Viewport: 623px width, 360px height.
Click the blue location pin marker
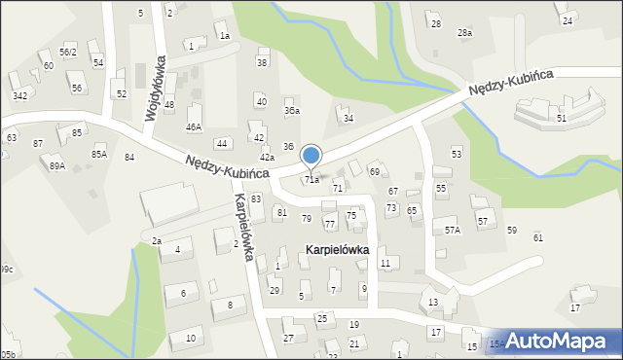(x=311, y=156)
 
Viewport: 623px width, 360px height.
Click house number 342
(x=19, y=95)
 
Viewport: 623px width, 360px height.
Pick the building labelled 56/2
(x=67, y=52)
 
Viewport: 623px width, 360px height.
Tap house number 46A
(x=194, y=126)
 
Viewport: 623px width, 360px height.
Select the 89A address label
(x=57, y=166)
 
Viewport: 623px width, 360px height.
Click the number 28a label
(x=465, y=33)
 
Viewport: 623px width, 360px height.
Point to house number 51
(x=562, y=118)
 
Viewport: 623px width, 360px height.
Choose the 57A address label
(x=453, y=231)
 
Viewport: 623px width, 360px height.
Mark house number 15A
(x=496, y=343)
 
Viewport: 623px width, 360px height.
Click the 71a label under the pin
(x=311, y=180)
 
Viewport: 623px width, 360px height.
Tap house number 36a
(x=291, y=111)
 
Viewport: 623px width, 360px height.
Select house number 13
(x=433, y=303)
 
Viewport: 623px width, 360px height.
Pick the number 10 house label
(x=190, y=338)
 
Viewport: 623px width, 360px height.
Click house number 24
(x=568, y=19)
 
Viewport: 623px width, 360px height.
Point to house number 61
(x=538, y=238)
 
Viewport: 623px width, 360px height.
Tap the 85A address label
(x=99, y=154)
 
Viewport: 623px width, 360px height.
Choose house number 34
(x=348, y=118)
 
